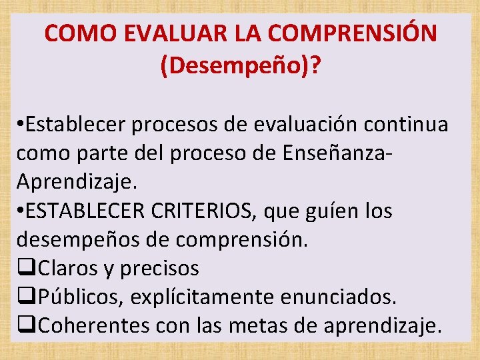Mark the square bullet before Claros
pos(26,269)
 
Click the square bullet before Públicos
pos(26,297)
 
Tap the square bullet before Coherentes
pos(26,326)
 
